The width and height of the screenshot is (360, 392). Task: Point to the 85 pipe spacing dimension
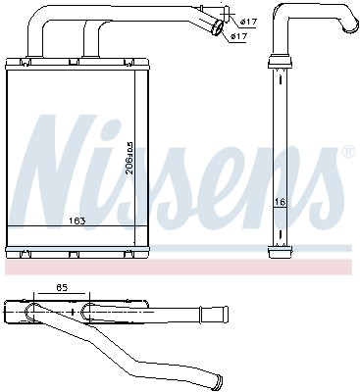coord(60,289)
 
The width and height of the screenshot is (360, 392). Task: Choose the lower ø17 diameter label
coord(238,37)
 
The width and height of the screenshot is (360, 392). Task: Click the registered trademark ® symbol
coord(347,153)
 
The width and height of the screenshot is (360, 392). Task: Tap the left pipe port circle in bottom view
coord(36,312)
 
